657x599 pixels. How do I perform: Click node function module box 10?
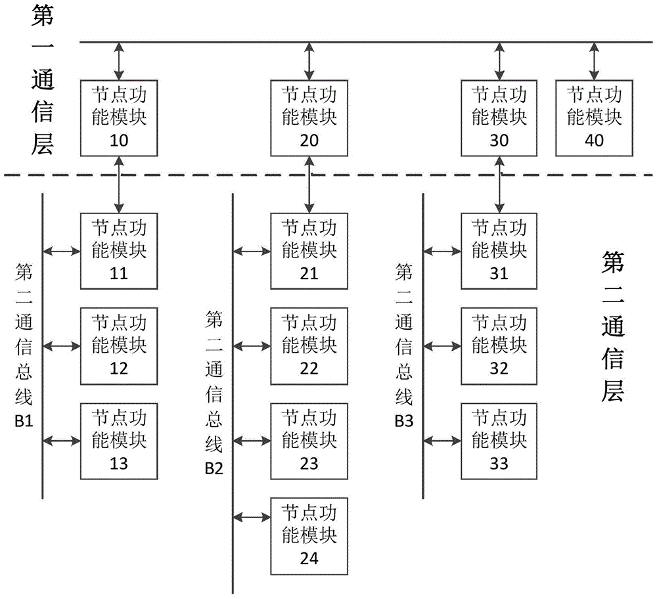[119, 118]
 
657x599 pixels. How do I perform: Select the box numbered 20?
[309, 118]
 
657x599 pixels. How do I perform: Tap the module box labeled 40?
[594, 118]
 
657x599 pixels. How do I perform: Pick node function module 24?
[309, 536]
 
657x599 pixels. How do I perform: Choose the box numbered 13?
[119, 441]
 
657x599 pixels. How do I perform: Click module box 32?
[499, 346]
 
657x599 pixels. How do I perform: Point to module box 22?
[309, 346]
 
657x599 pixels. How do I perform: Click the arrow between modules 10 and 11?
[119, 185]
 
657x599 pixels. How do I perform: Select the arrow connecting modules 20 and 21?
[309, 185]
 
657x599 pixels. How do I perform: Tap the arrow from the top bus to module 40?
[594, 61]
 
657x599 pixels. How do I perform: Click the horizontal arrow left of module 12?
[62, 346]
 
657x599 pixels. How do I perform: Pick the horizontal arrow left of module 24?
[252, 518]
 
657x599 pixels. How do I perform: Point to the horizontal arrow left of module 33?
[442, 441]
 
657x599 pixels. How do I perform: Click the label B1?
[24, 420]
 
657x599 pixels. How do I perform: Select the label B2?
[214, 468]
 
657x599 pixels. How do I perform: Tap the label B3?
[404, 420]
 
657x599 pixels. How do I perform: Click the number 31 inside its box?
[499, 273]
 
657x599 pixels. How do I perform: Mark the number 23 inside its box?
[309, 464]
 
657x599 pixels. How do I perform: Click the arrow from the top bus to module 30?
[499, 61]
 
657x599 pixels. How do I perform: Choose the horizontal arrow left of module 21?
[252, 252]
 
